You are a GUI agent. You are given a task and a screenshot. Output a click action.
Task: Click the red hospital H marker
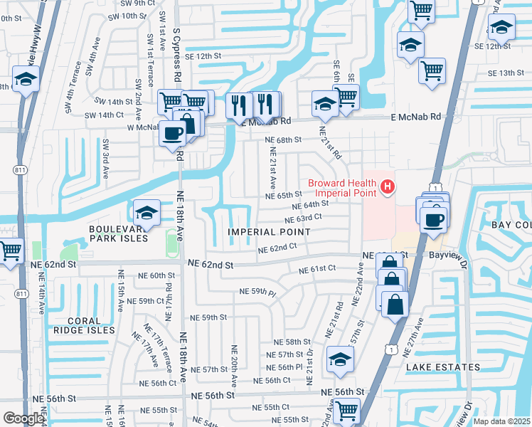(x=388, y=188)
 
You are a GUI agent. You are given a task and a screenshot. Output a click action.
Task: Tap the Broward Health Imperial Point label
(x=344, y=188)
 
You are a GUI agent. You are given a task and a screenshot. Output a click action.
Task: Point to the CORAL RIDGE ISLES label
(x=82, y=325)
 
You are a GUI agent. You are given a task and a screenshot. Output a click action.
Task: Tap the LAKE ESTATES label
(x=443, y=367)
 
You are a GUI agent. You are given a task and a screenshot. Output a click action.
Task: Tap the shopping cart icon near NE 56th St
(x=346, y=410)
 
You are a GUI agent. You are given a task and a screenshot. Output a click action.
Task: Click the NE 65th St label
(x=284, y=195)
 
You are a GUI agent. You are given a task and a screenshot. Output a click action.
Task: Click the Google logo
(x=23, y=418)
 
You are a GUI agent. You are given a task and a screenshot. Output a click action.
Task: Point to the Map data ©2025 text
(x=501, y=421)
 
